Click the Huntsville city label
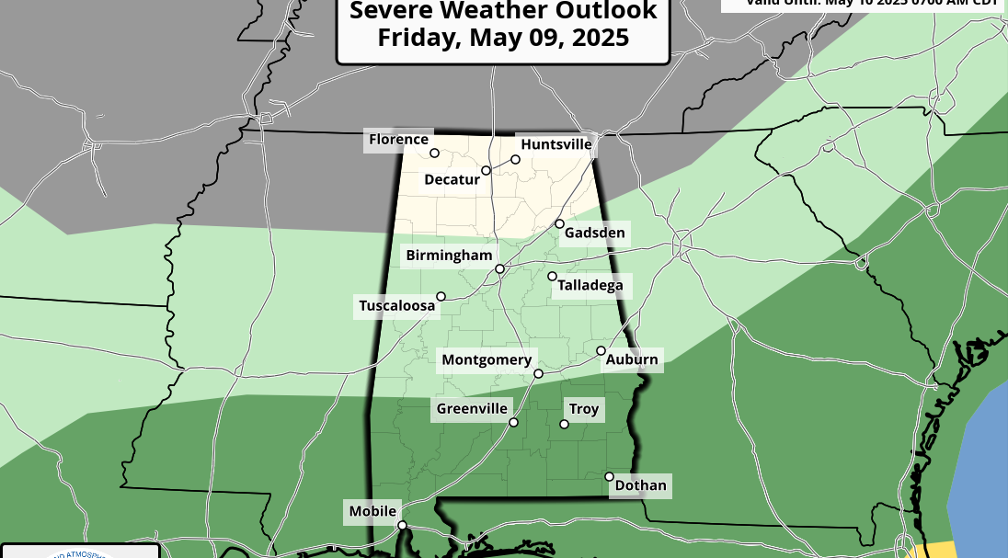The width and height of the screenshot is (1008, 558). point(556,144)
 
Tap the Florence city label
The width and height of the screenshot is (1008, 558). point(398,140)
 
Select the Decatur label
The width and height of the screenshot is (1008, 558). point(452,179)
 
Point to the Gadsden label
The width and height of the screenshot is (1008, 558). point(594,233)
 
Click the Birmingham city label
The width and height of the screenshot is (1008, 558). point(450,255)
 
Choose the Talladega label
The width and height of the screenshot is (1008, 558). point(590,286)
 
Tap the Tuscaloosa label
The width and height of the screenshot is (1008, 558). point(396,305)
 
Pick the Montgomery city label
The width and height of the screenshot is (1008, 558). point(487,359)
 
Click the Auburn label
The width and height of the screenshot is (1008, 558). point(632,359)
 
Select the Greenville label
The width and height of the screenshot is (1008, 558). point(472,408)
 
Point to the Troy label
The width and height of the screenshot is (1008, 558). point(584,409)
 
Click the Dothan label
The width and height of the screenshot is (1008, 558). point(640,485)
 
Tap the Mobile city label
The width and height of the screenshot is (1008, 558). point(372,511)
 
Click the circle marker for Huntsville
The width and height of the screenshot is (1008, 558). point(515,159)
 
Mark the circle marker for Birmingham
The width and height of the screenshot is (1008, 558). point(499,269)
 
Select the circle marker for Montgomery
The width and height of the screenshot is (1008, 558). point(538,373)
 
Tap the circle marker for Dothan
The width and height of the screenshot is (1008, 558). point(610,476)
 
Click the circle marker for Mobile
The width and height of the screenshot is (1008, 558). point(402,526)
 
